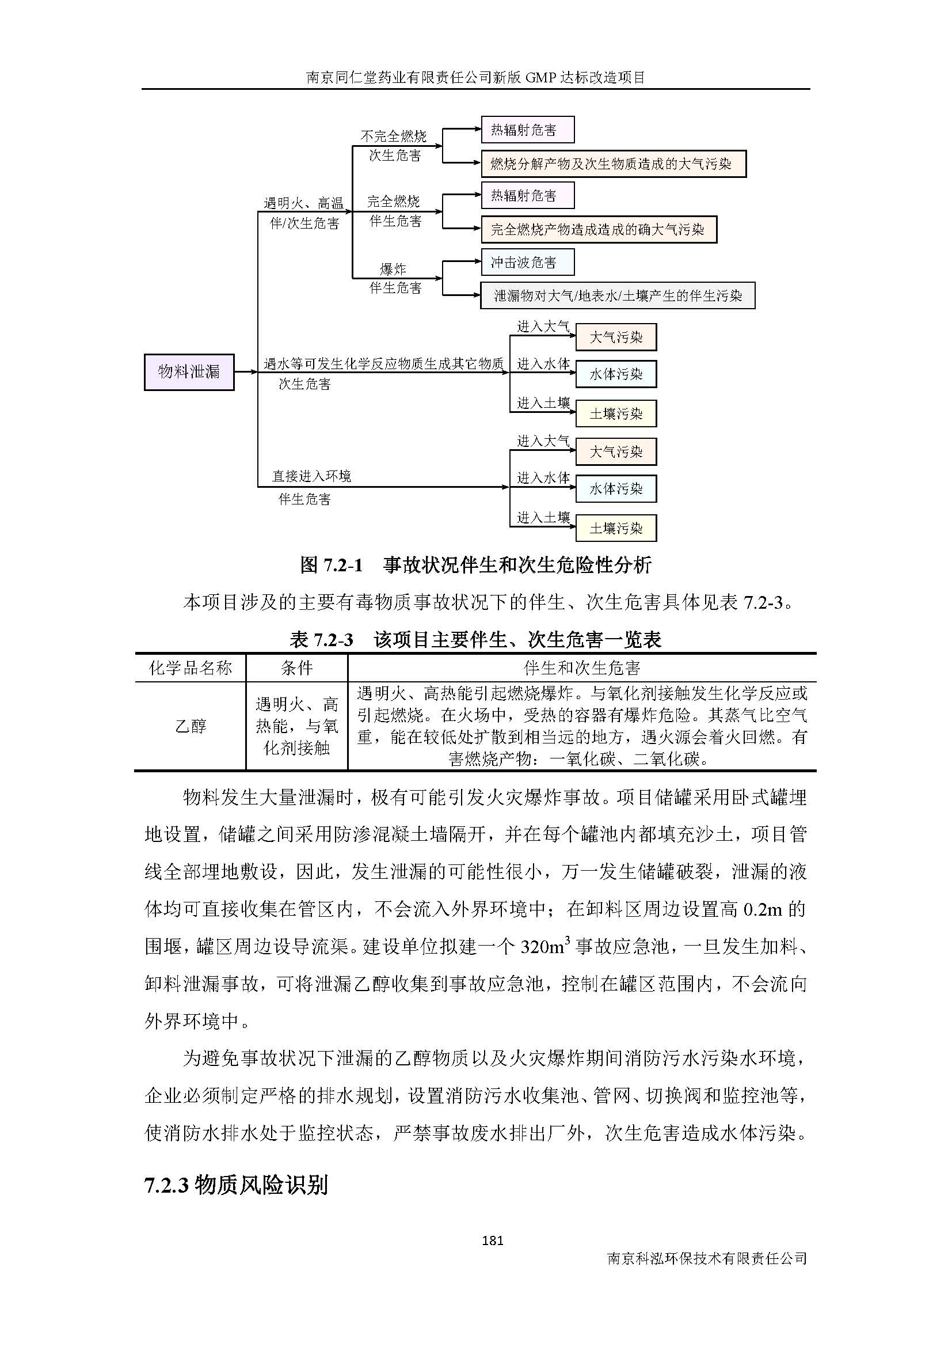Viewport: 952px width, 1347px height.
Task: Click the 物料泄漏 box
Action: (189, 372)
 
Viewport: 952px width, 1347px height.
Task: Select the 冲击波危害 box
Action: (527, 262)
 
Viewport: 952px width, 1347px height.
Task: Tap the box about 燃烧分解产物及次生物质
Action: (613, 164)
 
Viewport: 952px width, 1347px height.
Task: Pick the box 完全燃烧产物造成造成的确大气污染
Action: (599, 229)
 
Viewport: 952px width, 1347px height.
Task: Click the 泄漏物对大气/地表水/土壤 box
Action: (617, 295)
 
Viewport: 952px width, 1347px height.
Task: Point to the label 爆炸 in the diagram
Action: (393, 270)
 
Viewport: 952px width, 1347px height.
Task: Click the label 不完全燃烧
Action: (393, 136)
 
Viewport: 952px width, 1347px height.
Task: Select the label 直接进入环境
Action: (311, 476)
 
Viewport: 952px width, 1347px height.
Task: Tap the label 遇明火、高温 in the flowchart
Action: (303, 203)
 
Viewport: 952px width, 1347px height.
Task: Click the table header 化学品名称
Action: (191, 667)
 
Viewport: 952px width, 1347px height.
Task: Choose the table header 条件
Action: (296, 667)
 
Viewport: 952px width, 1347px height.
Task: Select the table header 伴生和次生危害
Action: (581, 667)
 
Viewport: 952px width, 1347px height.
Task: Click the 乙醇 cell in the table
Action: (191, 726)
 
